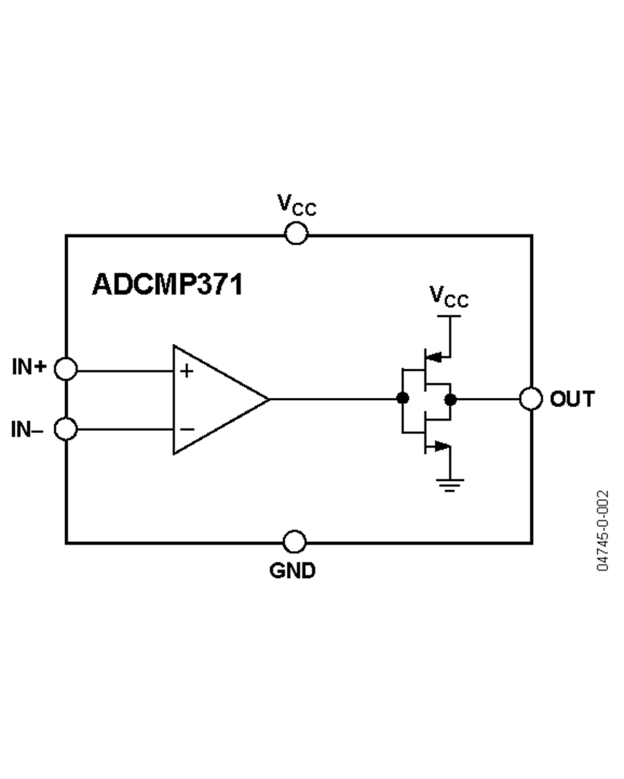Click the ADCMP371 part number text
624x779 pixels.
[x=167, y=284]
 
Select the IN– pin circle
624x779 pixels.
[x=66, y=429]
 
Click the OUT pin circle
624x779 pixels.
[x=531, y=399]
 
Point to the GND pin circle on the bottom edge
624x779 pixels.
[x=295, y=541]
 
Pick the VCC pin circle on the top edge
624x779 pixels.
[x=296, y=234]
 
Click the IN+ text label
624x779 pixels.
[x=28, y=367]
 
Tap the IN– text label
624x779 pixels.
[x=27, y=430]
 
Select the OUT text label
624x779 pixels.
[x=572, y=399]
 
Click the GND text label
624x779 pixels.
[x=293, y=570]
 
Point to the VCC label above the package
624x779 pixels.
[x=297, y=204]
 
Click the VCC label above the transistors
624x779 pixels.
[x=449, y=297]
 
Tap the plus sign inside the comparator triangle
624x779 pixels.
[x=186, y=371]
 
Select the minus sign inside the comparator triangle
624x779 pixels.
[x=187, y=429]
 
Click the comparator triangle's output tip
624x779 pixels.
[x=268, y=399]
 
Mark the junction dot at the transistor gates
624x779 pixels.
[x=401, y=399]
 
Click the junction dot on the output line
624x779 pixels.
[x=451, y=399]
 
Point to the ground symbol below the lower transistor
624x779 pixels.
[x=450, y=484]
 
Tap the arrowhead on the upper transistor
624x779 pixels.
[x=434, y=358]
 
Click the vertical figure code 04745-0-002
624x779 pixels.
[x=603, y=530]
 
